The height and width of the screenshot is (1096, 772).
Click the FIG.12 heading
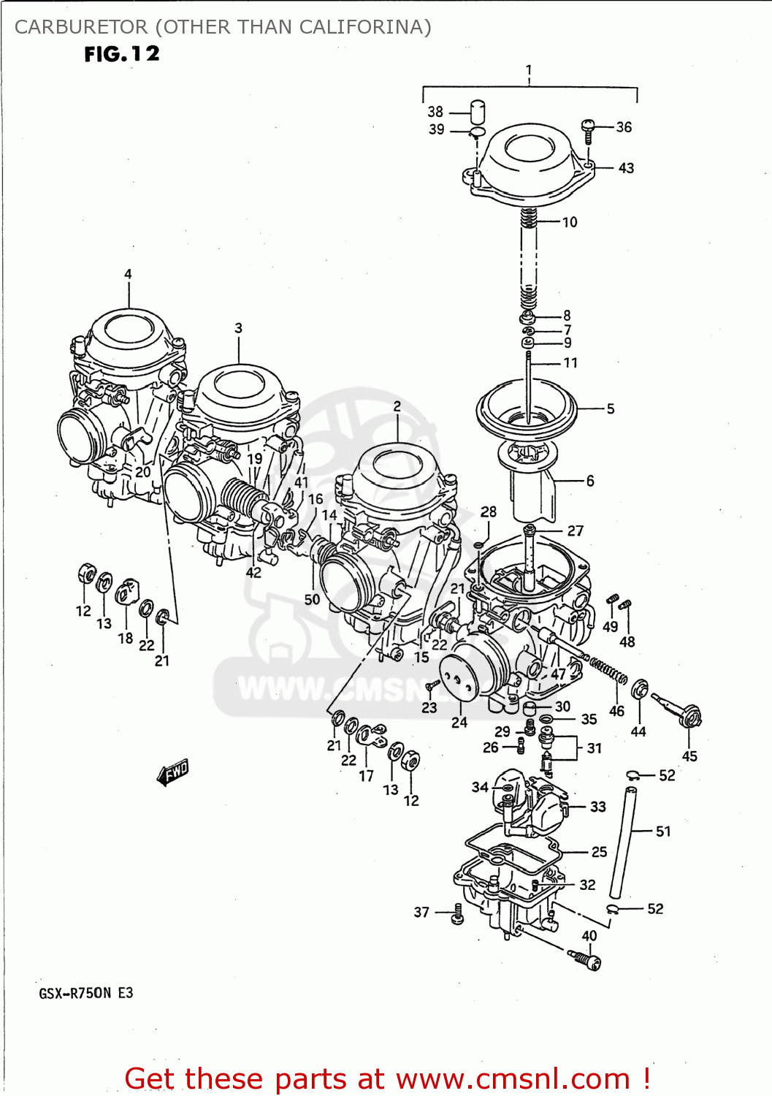121,54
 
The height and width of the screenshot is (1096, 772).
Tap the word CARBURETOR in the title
80,27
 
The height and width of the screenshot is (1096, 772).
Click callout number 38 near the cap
435,112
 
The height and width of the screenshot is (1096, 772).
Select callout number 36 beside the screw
624,127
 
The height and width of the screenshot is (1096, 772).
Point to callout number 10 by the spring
570,222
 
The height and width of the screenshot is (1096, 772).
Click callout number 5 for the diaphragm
611,409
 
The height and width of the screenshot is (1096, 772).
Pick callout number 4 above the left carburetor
128,275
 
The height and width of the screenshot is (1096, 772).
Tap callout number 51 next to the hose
663,831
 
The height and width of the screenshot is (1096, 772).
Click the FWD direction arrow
173,772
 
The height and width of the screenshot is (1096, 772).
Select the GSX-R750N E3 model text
86,993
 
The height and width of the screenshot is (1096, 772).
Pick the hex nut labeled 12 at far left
86,574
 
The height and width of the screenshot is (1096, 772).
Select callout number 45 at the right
689,756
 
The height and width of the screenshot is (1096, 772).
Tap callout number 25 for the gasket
599,852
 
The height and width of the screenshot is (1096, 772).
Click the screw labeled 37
458,913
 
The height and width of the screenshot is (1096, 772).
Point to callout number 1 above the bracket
529,71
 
